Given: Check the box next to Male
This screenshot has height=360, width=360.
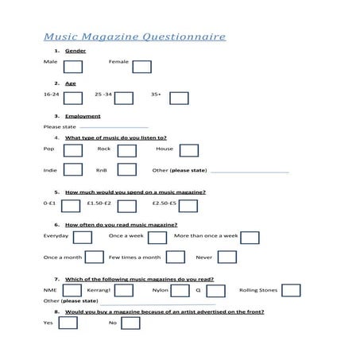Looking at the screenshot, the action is click(73, 67).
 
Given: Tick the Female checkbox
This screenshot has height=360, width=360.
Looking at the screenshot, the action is click(141, 67).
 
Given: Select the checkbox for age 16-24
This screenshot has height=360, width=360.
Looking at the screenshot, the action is click(72, 99).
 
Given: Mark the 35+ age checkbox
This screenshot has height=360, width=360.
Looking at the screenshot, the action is click(179, 99).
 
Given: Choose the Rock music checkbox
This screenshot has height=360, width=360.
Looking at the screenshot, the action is click(127, 150).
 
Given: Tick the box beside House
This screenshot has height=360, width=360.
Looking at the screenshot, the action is click(188, 150).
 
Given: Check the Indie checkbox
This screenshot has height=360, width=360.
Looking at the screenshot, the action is click(72, 170).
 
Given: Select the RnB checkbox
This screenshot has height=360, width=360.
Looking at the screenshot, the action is click(127, 170).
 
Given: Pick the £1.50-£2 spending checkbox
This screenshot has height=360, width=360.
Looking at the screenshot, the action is click(126, 206).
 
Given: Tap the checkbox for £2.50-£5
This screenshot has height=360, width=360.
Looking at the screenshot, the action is click(188, 206).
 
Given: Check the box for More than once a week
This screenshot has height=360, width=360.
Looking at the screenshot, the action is click(250, 237).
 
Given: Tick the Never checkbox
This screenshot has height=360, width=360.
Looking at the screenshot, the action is click(226, 257).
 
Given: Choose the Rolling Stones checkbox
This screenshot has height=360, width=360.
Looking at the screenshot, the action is click(291, 290).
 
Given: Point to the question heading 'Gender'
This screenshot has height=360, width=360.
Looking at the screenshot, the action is click(75, 51).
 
